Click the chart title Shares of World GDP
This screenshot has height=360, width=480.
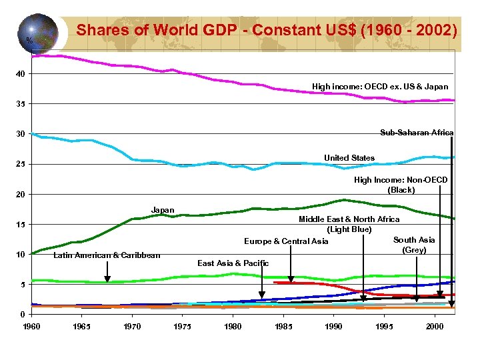tap(267, 31)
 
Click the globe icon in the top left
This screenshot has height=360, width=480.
tap(37, 33)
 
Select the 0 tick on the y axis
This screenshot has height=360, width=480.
tap(23, 314)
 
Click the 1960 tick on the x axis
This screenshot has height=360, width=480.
tap(31, 326)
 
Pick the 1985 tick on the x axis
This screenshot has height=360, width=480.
tap(283, 326)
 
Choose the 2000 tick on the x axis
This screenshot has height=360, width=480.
tap(434, 326)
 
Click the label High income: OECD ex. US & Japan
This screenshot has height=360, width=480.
tap(380, 87)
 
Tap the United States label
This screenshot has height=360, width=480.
tap(349, 158)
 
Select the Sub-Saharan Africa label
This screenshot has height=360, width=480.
tap(416, 133)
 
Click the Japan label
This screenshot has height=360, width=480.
tap(163, 210)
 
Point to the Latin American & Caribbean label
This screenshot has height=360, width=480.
tap(107, 255)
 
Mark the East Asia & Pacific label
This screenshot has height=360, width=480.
tap(233, 263)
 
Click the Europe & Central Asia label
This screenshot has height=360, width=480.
tap(286, 241)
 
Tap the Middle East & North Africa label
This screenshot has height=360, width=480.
tap(349, 224)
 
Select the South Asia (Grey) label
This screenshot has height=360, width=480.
tap(414, 245)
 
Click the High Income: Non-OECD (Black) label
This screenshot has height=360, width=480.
tap(401, 185)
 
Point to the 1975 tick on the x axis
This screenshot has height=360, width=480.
tap(183, 326)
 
